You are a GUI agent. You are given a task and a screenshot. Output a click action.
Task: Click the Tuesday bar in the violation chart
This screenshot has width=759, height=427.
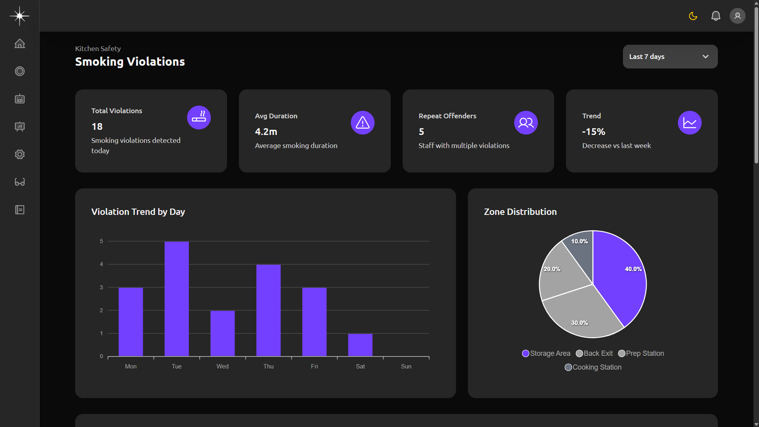click(x=176, y=299)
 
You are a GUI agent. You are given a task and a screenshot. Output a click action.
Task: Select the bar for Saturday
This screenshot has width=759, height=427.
click(x=360, y=345)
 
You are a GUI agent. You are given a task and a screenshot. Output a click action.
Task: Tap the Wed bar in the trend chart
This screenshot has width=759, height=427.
click(x=222, y=333)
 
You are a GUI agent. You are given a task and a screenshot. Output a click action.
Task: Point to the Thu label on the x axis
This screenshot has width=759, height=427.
click(x=268, y=366)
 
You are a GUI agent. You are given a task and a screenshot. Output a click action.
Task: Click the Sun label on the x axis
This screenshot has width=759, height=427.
click(x=406, y=366)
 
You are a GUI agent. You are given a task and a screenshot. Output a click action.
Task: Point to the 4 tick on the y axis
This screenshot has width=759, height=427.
click(x=101, y=264)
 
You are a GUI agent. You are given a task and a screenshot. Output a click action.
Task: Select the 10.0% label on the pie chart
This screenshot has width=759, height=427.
click(x=579, y=241)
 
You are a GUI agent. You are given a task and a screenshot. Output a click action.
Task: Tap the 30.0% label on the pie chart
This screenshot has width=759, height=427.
click(x=579, y=323)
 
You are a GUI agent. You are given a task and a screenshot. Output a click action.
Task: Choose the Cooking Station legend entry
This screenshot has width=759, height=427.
click(x=593, y=367)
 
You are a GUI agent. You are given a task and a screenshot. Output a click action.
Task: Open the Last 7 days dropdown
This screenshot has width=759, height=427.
click(x=670, y=57)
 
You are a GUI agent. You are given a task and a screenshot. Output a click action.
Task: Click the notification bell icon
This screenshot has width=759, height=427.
click(x=715, y=16)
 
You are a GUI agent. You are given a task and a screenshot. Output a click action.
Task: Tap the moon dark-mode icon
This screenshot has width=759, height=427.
click(x=693, y=16)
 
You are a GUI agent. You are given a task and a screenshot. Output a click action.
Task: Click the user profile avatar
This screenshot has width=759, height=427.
click(x=737, y=16)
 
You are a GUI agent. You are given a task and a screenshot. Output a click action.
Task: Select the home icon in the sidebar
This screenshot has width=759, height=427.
click(x=20, y=44)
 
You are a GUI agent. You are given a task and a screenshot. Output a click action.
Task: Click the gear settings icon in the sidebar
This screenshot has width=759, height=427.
click(x=20, y=154)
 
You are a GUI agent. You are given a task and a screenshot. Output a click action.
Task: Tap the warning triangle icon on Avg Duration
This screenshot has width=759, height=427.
click(x=362, y=123)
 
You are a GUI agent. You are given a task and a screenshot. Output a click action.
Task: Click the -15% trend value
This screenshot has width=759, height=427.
click(x=593, y=132)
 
